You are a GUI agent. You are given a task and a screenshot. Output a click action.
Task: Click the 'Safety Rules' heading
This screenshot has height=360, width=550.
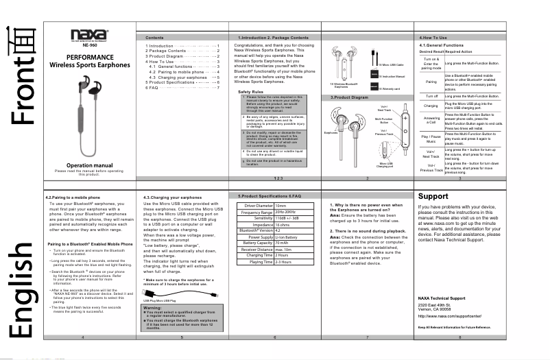click(x=252, y=91)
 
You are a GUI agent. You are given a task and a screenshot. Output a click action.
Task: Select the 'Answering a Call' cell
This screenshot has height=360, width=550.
click(x=431, y=121)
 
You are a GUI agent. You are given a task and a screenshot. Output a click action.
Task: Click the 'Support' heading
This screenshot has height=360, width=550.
click(x=433, y=196)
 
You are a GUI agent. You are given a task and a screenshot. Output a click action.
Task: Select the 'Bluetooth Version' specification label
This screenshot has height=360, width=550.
click(x=253, y=230)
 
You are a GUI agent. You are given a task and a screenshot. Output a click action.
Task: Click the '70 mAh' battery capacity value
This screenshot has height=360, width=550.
click(x=282, y=243)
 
